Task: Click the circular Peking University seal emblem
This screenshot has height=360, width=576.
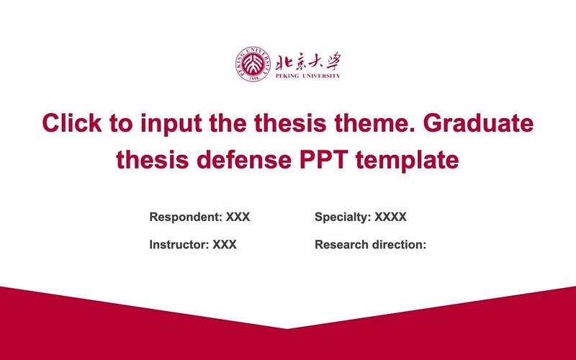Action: (252, 63)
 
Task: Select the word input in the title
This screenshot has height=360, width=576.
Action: (168, 123)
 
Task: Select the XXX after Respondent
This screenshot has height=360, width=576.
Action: (238, 217)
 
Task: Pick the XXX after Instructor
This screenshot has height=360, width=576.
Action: (225, 245)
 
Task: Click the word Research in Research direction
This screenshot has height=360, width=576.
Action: (341, 245)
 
